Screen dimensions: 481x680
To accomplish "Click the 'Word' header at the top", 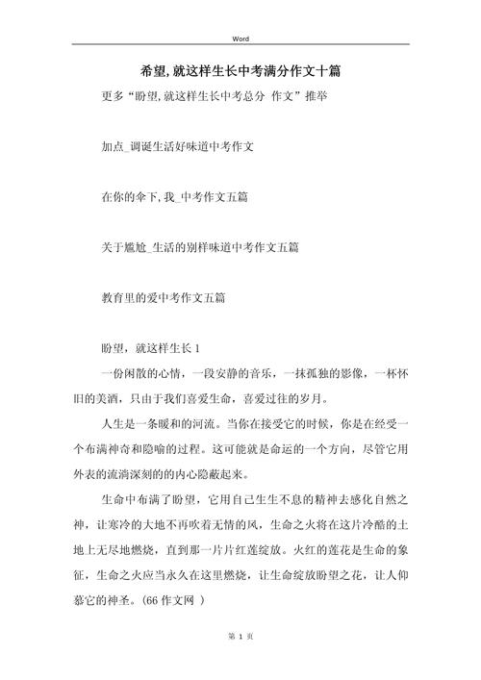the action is click(x=240, y=38).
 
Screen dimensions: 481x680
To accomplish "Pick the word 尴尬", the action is click(x=138, y=247).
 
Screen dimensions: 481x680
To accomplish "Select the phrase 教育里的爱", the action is click(x=131, y=297).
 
